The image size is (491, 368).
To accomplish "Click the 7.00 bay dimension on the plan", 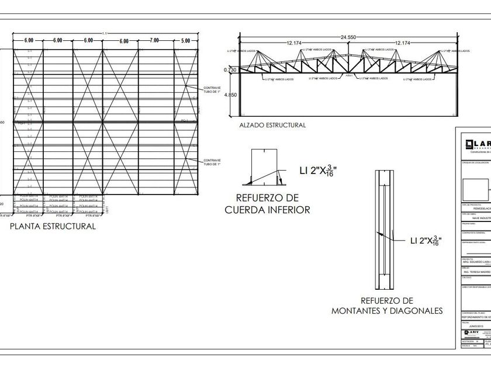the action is click(154, 40).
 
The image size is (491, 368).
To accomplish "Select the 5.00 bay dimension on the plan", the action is click(185, 40).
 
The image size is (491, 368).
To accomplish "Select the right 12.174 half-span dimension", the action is click(402, 43).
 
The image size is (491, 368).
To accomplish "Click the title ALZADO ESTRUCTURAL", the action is click(272, 125).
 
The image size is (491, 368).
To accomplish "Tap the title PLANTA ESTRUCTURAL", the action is click(53, 226).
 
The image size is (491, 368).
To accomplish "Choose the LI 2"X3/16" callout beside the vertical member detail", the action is click(418, 241).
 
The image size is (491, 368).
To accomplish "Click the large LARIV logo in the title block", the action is click(476, 144).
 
